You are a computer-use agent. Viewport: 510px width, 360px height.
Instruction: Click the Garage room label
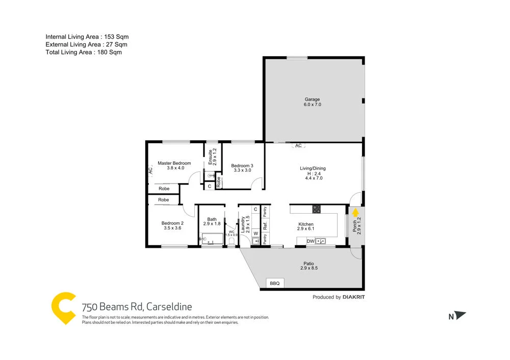click(313, 99)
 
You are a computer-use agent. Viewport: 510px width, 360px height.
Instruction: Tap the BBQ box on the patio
click(275, 283)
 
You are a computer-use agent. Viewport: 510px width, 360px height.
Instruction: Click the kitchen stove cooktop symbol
click(317, 209)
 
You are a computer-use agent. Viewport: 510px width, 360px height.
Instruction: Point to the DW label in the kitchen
click(311, 241)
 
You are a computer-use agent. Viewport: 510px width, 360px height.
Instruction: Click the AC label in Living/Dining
click(299, 146)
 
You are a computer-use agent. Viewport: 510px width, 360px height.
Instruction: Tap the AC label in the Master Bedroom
click(150, 171)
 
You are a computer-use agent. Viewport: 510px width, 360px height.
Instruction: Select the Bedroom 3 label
click(242, 166)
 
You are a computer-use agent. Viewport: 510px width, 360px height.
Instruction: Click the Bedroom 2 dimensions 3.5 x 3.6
click(172, 228)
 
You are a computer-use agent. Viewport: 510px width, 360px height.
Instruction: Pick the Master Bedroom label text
click(174, 163)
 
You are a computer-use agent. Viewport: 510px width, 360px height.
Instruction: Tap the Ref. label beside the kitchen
click(265, 224)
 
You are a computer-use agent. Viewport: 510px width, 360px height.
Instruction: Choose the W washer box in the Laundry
click(256, 233)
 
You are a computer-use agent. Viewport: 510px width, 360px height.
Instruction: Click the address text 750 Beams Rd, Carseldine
click(137, 307)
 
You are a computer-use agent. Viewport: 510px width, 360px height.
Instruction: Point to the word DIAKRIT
click(354, 297)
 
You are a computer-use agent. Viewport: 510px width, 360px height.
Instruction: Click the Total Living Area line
click(84, 52)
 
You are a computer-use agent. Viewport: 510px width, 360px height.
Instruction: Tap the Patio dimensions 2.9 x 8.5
click(309, 268)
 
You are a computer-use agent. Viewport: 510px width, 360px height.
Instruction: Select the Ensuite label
click(210, 157)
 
